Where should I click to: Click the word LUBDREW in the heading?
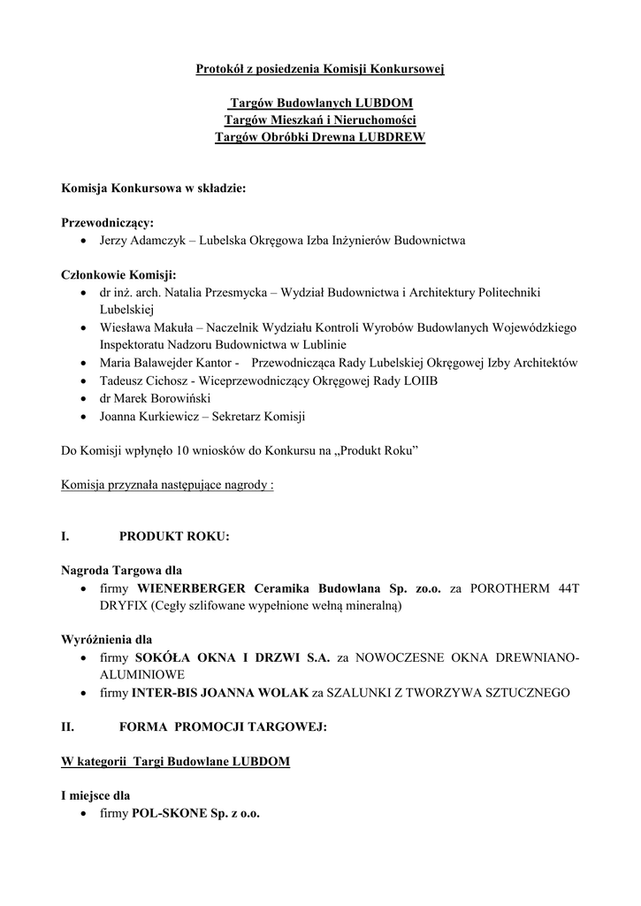[392, 137]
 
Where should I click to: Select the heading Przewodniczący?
[107, 222]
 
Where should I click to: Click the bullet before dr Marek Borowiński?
[83, 398]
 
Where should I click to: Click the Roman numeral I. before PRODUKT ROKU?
[65, 537]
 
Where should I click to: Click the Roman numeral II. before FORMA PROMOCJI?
[67, 727]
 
